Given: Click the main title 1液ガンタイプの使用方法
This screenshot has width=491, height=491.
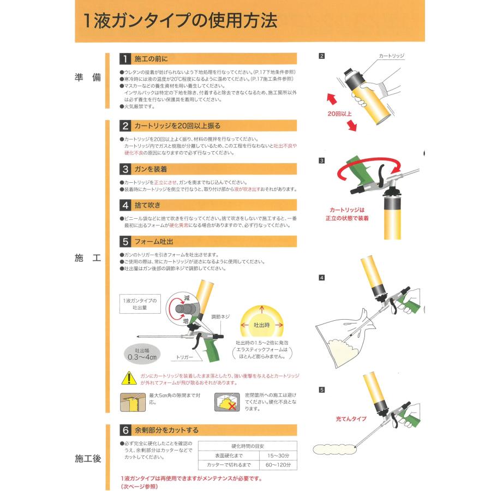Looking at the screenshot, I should pyautogui.click(x=181, y=20).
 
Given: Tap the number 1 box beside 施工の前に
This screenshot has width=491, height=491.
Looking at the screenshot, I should pyautogui.click(x=125, y=59).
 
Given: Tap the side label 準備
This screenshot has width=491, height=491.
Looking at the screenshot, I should pyautogui.click(x=88, y=77).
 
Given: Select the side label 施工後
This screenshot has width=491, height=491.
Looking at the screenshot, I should pyautogui.click(x=88, y=458).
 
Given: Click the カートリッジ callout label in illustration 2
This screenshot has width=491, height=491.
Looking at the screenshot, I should pyautogui.click(x=391, y=56).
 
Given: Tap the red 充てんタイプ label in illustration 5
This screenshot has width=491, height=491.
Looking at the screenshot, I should pyautogui.click(x=351, y=419).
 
